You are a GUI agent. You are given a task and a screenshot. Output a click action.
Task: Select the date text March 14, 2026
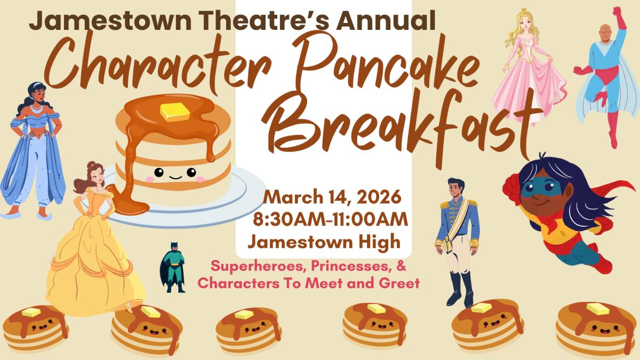332,198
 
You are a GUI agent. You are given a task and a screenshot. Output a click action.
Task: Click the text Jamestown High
324,242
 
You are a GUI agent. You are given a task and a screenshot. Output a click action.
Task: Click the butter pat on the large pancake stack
175,112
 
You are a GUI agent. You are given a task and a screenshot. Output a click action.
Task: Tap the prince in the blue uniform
458,235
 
